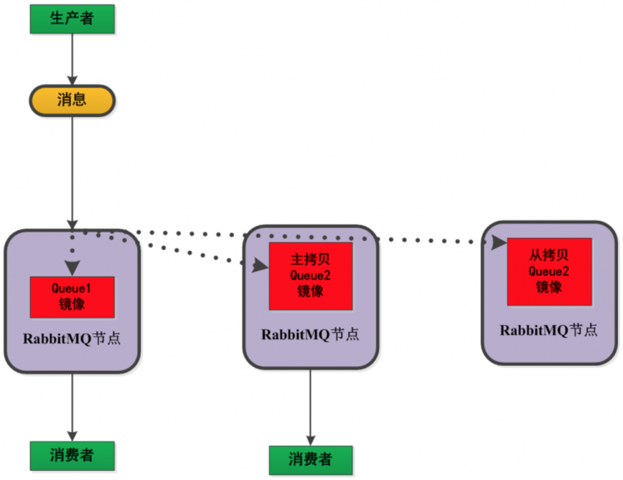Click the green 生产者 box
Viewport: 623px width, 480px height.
click(72, 19)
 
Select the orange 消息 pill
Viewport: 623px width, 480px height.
click(72, 100)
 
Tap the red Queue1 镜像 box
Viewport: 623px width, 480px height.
click(72, 297)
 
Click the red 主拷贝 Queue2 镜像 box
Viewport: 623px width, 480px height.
click(310, 276)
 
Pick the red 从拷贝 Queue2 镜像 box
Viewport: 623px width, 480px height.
click(549, 271)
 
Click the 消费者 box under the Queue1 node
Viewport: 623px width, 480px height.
click(72, 455)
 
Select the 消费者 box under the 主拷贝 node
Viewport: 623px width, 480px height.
click(310, 460)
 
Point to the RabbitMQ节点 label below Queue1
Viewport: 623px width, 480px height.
click(72, 339)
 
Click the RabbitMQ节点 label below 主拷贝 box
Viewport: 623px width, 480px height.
click(310, 334)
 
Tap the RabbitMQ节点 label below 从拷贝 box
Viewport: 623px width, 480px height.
click(549, 330)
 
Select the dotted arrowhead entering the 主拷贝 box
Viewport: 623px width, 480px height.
click(260, 267)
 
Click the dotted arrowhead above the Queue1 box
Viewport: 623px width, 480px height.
click(72, 268)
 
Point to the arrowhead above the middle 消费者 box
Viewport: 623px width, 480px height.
click(310, 440)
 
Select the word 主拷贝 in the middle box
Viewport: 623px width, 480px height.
click(310, 258)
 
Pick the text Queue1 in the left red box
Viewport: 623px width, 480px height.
click(72, 289)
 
